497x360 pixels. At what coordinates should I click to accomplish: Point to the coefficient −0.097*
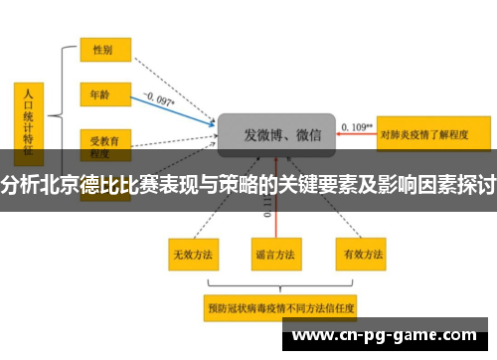coord(158,98)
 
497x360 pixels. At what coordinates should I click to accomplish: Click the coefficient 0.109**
coord(357,126)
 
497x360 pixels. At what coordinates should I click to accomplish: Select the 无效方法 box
coord(193,255)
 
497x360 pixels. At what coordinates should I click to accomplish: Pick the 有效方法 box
coord(357,255)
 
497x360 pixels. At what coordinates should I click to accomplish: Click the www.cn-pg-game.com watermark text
coord(387,335)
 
